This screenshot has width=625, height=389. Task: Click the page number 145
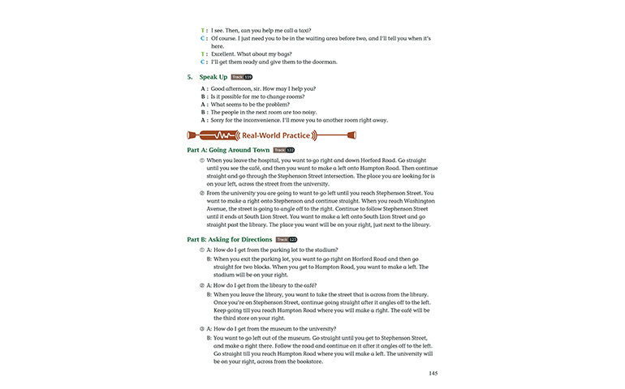coord(433,374)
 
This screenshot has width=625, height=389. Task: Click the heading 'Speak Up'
coord(213,77)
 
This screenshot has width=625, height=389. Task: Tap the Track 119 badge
coord(243,77)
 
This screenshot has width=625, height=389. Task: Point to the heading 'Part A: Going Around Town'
coord(228,150)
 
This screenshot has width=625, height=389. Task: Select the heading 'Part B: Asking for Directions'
coord(230,240)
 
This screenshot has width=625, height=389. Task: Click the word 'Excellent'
coord(226,53)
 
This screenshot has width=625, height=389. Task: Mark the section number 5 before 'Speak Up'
coord(189,77)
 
